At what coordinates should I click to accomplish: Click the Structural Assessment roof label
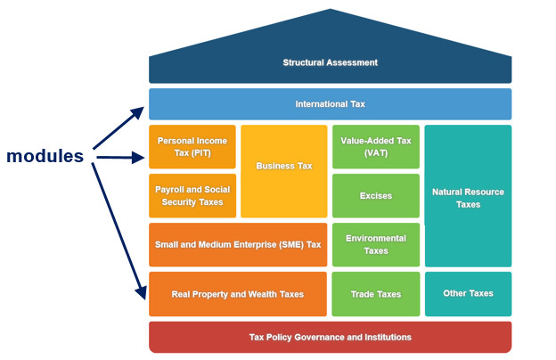click(x=330, y=62)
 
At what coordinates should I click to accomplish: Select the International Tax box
click(x=330, y=104)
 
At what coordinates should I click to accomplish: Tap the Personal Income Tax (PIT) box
click(x=192, y=147)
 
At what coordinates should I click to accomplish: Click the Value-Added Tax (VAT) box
click(x=375, y=147)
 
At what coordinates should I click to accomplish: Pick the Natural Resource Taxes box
click(x=468, y=197)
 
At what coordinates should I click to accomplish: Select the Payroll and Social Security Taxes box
click(x=192, y=196)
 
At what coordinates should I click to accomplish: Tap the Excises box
click(x=375, y=196)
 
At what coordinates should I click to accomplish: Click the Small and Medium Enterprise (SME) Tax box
click(x=237, y=245)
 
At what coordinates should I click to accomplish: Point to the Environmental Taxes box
click(x=375, y=245)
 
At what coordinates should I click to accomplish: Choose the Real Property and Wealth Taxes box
click(x=237, y=294)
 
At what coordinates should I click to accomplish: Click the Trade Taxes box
click(x=375, y=294)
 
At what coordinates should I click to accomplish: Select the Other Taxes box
click(x=468, y=293)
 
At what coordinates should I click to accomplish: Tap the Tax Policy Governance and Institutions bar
click(x=330, y=338)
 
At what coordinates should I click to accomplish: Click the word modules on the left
click(x=45, y=156)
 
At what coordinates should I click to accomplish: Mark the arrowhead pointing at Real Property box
click(x=140, y=294)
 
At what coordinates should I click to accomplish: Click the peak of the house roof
click(x=330, y=11)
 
